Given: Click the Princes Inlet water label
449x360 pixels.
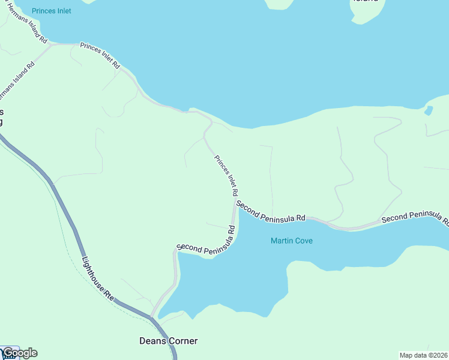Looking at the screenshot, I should (x=52, y=11).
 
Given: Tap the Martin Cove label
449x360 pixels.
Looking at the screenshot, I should (x=292, y=241).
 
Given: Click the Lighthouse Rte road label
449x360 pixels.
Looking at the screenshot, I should (x=97, y=278).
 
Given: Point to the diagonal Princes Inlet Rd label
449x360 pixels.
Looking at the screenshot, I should (x=226, y=176).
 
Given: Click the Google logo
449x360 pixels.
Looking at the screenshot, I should (x=20, y=353).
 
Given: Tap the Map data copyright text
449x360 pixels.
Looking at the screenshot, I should (x=424, y=355).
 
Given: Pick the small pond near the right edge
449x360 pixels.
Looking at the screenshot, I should (x=428, y=110).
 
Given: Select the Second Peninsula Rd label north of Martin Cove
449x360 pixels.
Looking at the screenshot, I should (x=271, y=212).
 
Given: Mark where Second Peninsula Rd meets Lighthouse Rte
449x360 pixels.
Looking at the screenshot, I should (x=151, y=316).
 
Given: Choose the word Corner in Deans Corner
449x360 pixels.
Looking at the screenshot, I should (x=181, y=341).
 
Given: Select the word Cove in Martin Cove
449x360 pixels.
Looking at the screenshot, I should (x=304, y=241).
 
